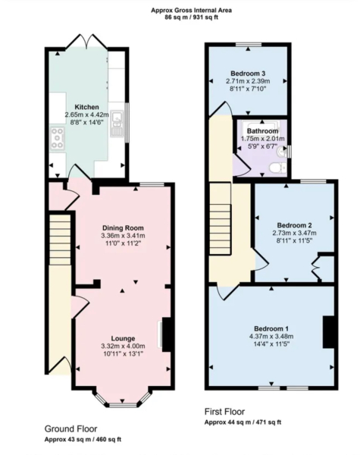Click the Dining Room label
[123, 227]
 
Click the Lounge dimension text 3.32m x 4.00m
[123, 347]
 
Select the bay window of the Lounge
[123, 395]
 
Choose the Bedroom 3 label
[247, 74]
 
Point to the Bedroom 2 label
[294, 224]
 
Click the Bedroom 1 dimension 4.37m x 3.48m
[271, 336]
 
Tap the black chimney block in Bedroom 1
[329, 330]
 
